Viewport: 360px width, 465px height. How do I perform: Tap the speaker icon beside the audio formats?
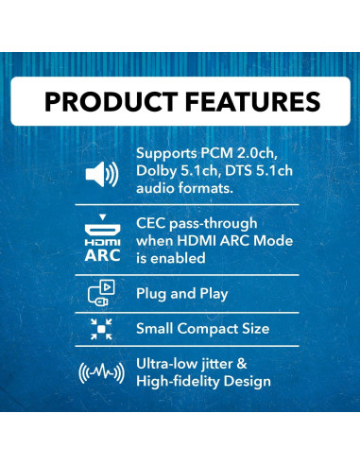[101, 174]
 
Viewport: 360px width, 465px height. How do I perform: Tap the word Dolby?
[159, 170]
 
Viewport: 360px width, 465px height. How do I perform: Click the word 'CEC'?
[155, 224]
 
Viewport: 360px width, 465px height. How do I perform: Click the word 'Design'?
[270, 381]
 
